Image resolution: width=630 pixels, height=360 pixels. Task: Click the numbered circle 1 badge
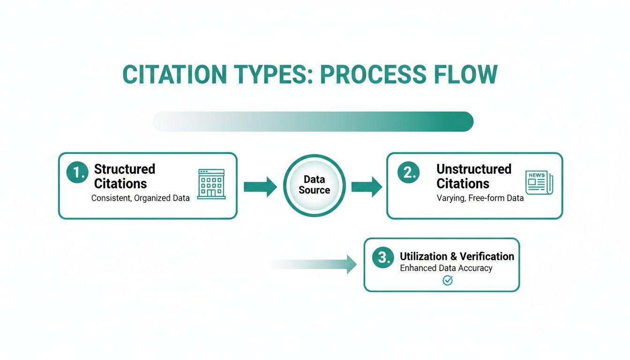(77, 173)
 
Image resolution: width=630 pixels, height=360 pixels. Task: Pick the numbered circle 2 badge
(408, 173)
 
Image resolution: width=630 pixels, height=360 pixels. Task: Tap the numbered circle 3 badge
(382, 257)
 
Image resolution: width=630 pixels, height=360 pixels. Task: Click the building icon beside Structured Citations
(211, 184)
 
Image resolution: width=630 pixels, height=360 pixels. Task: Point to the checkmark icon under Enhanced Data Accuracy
(448, 280)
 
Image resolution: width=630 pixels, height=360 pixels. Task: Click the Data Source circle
(314, 185)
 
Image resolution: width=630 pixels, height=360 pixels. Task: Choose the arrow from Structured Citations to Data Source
(261, 187)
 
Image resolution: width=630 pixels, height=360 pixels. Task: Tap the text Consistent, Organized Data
(141, 198)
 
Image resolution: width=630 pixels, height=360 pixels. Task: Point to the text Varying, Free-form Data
(480, 198)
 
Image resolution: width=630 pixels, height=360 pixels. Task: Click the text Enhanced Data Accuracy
(446, 269)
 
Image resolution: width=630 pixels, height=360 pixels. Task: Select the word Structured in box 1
(125, 169)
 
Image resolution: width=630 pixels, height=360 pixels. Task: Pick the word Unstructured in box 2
(474, 169)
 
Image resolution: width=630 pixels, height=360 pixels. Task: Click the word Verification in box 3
(487, 256)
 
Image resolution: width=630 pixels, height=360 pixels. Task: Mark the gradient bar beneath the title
(313, 121)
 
